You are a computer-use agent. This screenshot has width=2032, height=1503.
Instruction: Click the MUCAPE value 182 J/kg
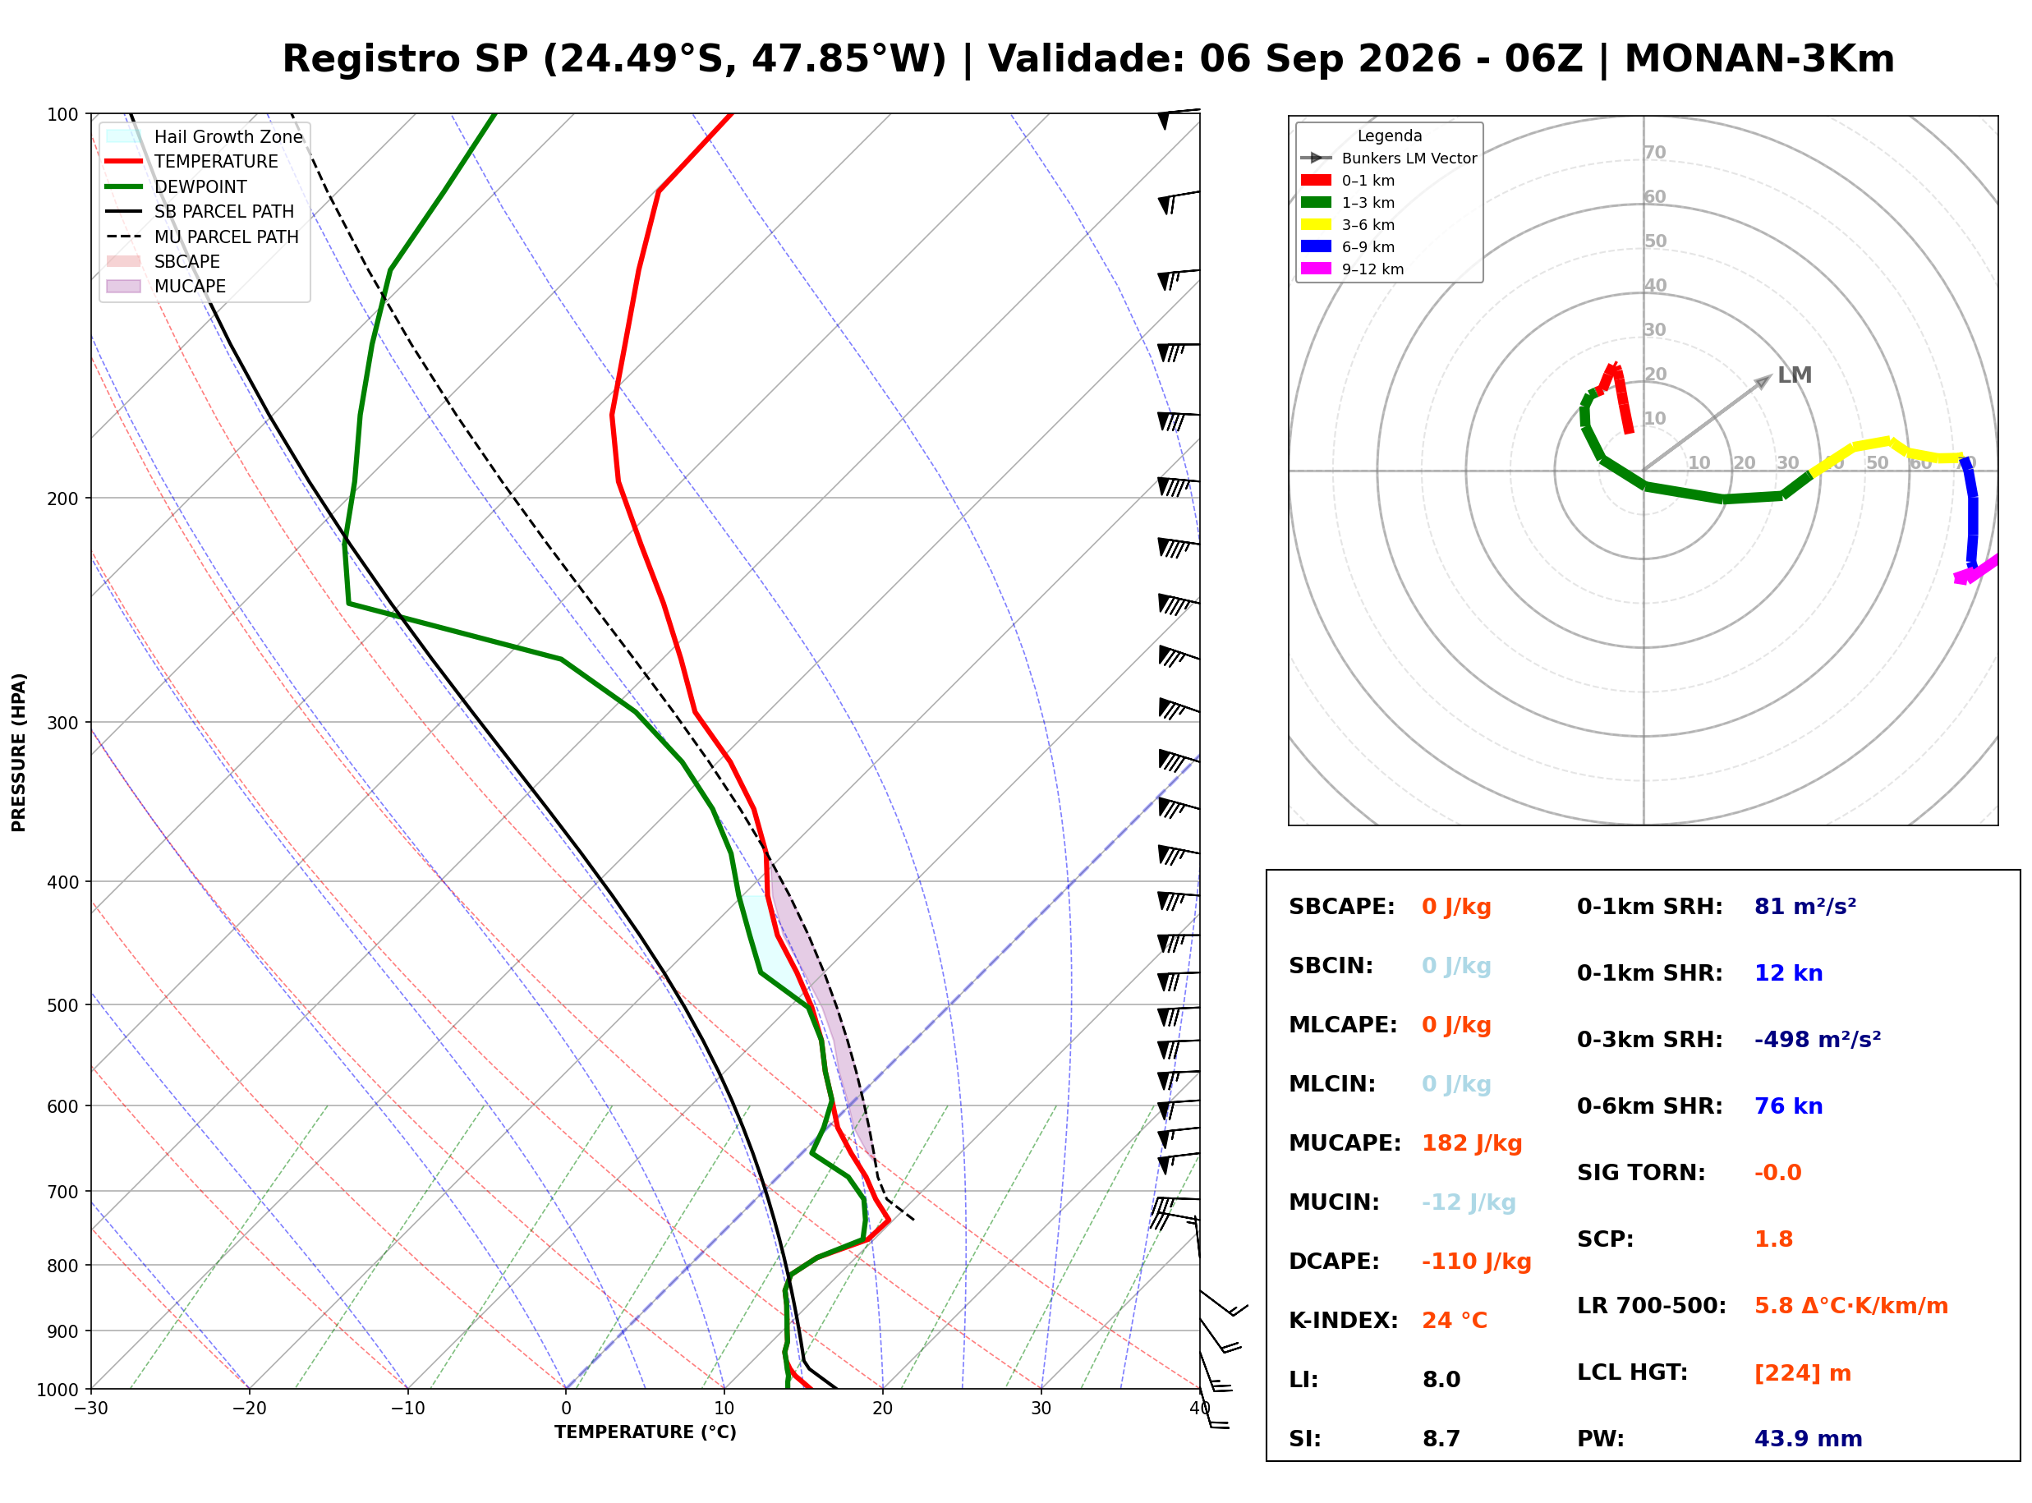point(1472,1143)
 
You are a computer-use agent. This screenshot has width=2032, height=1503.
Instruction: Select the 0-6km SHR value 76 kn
point(1788,1106)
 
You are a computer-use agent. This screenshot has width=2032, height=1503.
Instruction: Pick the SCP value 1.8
point(1773,1239)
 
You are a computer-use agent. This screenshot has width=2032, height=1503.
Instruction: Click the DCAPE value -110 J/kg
point(1476,1262)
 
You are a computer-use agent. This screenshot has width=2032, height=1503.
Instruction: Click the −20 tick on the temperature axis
point(248,1409)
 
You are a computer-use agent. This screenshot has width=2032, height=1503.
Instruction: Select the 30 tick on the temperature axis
point(1041,1409)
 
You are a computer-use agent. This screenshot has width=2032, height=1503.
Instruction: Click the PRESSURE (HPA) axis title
point(19,752)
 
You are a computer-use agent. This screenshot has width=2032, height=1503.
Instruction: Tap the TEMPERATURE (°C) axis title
point(645,1432)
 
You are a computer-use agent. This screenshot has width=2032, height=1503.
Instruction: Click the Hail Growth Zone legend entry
point(204,136)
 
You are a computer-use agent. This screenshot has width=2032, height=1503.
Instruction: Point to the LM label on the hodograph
point(1795,375)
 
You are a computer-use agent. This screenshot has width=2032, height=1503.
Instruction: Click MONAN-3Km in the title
point(1759,59)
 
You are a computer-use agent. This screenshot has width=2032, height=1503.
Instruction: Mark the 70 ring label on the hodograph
point(1654,152)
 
